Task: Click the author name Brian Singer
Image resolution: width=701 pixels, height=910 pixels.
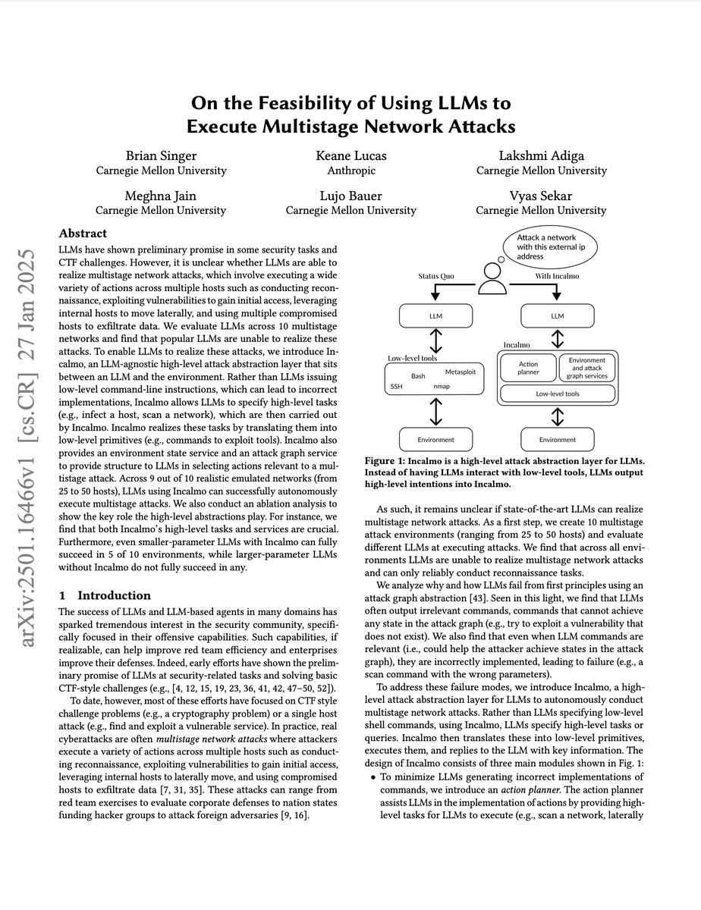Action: (161, 155)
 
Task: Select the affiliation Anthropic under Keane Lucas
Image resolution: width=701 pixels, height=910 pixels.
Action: (350, 171)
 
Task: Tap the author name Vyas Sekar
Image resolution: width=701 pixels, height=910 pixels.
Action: (541, 195)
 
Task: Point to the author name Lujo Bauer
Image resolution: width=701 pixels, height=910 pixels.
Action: (350, 195)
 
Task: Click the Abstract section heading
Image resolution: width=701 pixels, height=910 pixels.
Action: (83, 234)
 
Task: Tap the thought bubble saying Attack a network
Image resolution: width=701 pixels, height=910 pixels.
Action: (550, 247)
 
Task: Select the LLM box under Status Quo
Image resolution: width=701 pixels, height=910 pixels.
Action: (435, 315)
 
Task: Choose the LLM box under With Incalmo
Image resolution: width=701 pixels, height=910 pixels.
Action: (558, 315)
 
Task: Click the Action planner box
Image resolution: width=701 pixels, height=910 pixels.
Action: (528, 368)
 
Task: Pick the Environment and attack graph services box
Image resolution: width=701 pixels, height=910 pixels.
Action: (586, 368)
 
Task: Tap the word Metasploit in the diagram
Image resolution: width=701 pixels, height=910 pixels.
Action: (461, 372)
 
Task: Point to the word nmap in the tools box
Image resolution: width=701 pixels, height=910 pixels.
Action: (441, 386)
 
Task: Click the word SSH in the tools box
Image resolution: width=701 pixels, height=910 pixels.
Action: (396, 386)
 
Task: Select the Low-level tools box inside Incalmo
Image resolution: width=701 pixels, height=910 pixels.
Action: (558, 394)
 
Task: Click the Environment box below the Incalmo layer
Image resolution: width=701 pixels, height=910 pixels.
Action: (558, 439)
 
